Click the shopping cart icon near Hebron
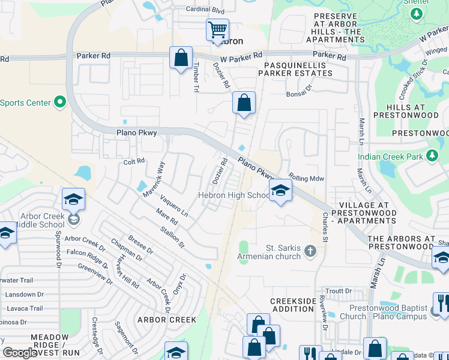pos(217,30)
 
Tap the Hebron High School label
pos(234,196)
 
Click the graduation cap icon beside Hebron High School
pos(280,191)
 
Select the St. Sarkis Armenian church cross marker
pos(310,250)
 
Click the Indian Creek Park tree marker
pos(432,157)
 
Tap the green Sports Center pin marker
pos(59,103)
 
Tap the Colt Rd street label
pos(134,161)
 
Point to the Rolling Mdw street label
pos(306,178)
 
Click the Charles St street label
pos(325,227)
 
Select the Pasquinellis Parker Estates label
pos(295,68)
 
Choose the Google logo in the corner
pos(20,353)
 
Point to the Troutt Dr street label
pos(340,291)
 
